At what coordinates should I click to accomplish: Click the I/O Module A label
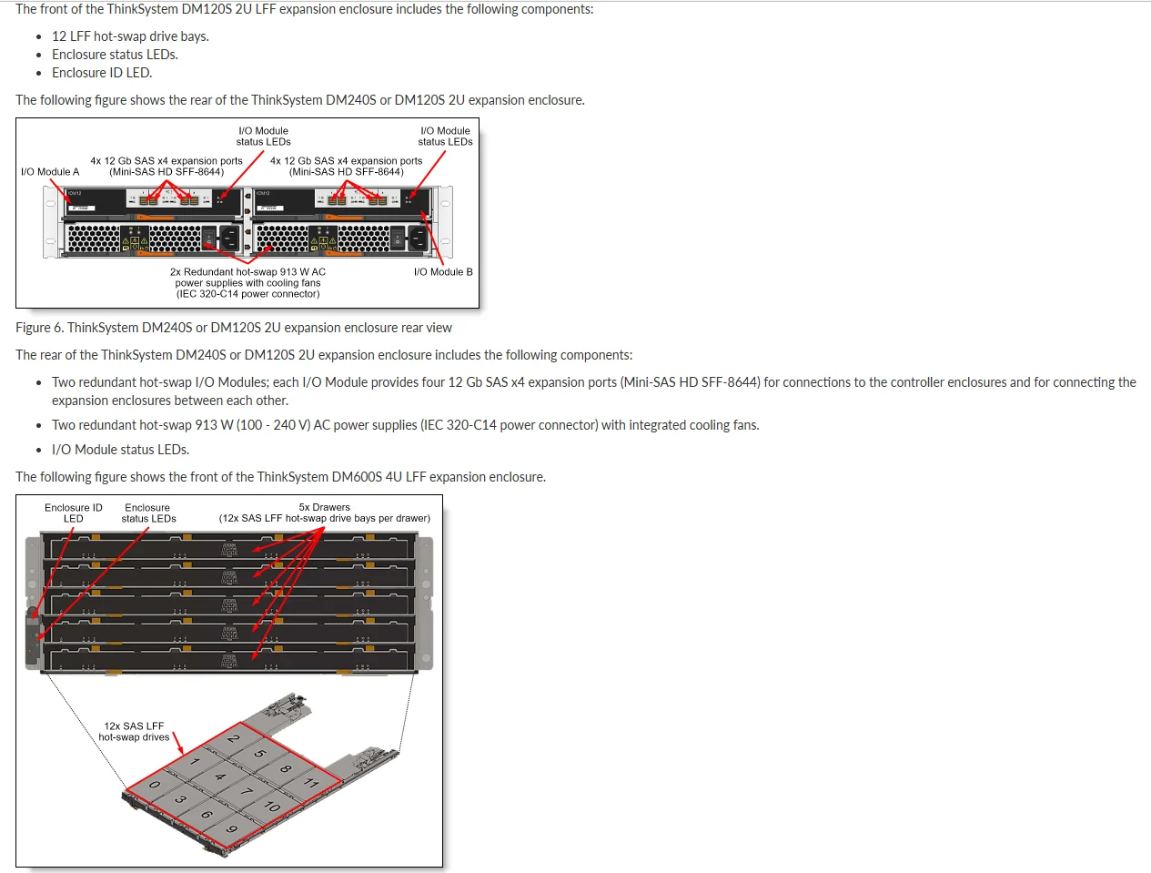(x=50, y=172)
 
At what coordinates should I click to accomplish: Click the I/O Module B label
(x=443, y=272)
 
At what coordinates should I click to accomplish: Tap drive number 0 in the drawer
(x=155, y=785)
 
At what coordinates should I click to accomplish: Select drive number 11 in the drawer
(x=311, y=783)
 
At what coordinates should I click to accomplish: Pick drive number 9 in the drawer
(x=232, y=828)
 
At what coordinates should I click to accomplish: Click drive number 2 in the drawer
(x=234, y=738)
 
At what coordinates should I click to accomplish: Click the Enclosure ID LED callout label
(x=74, y=513)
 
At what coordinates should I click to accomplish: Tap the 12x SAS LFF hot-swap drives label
(x=135, y=732)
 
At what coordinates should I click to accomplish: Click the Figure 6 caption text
(x=233, y=328)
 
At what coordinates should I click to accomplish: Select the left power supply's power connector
(x=229, y=239)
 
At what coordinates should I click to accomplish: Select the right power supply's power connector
(x=418, y=239)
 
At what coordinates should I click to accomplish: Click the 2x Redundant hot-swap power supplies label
(x=247, y=283)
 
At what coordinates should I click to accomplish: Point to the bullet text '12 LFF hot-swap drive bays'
(x=130, y=36)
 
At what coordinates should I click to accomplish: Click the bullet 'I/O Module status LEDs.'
(x=120, y=450)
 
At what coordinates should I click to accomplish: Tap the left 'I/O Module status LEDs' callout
(x=263, y=137)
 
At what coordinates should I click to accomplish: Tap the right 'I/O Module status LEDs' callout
(x=445, y=137)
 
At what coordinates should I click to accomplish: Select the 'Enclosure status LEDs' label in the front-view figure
(x=148, y=513)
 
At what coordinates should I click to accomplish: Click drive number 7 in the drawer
(x=246, y=792)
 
